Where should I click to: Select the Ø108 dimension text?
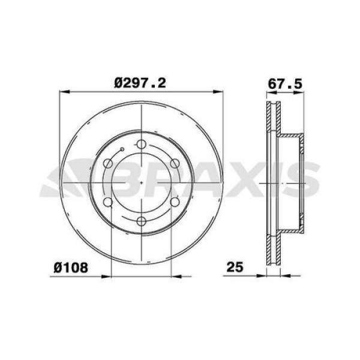pos(71,268)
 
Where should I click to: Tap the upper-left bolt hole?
pos(108,163)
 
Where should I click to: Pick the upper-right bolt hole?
pos(173,163)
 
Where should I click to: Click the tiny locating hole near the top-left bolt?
pos(122,149)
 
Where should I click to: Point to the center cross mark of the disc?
pos(140,182)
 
